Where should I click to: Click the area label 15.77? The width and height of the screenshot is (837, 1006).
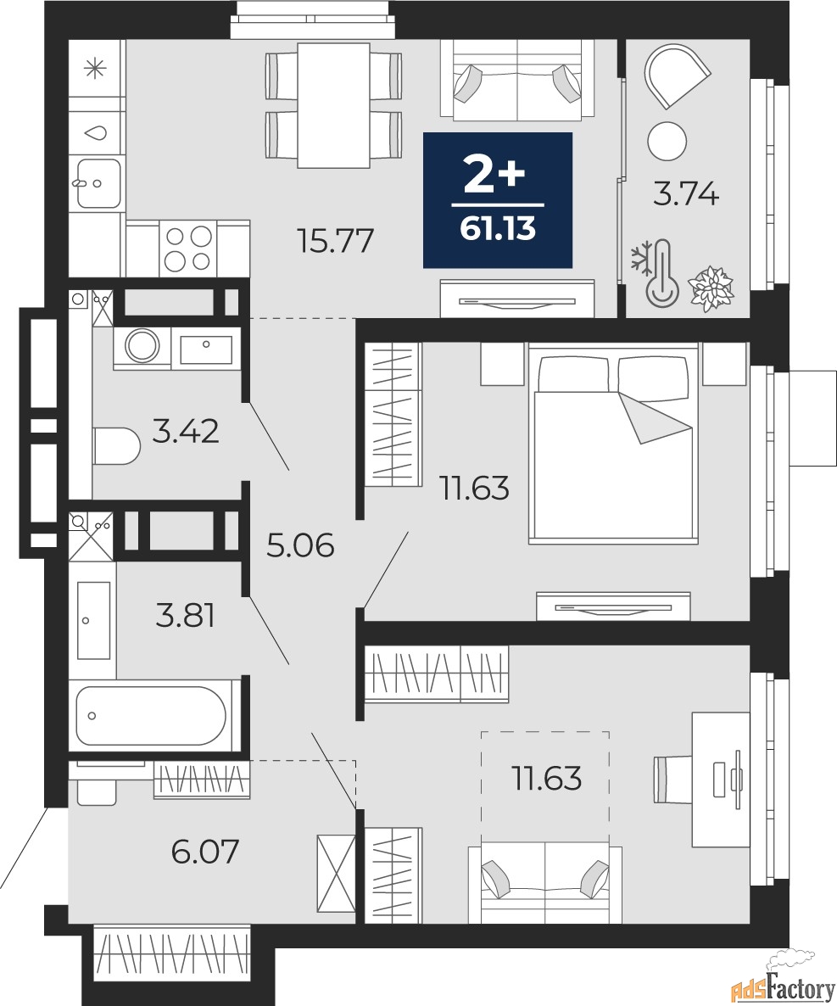pyautogui.click(x=335, y=241)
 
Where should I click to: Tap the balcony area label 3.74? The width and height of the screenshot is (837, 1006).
pyautogui.click(x=686, y=193)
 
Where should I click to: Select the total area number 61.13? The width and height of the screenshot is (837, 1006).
pyautogui.click(x=498, y=228)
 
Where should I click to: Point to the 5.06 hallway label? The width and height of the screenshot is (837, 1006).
pyautogui.click(x=300, y=546)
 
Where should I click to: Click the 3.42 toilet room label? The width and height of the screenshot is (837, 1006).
pyautogui.click(x=186, y=431)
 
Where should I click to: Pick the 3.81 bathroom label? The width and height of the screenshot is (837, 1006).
pyautogui.click(x=186, y=615)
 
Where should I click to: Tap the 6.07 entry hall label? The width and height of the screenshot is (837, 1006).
pyautogui.click(x=205, y=852)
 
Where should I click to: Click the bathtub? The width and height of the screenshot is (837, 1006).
pyautogui.click(x=151, y=716)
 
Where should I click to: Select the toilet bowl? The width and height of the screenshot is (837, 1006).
pyautogui.click(x=116, y=446)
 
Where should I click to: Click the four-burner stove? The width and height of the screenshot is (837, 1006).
pyautogui.click(x=188, y=249)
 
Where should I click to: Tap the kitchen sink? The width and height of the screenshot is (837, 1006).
pyautogui.click(x=98, y=183)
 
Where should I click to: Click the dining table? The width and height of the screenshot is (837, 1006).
pyautogui.click(x=333, y=105)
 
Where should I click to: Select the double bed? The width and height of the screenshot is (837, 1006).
pyautogui.click(x=612, y=444)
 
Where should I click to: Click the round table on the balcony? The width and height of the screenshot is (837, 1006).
pyautogui.click(x=667, y=141)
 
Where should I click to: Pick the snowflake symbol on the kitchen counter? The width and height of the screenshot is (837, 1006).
pyautogui.click(x=95, y=68)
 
